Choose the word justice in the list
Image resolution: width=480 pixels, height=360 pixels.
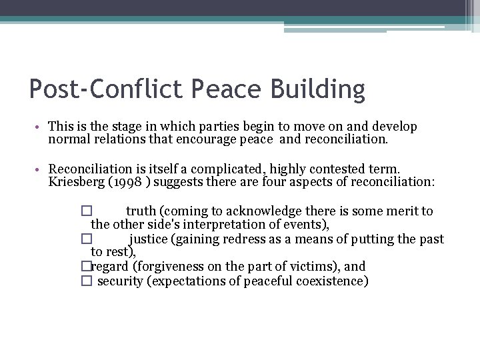tap(149, 239)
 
